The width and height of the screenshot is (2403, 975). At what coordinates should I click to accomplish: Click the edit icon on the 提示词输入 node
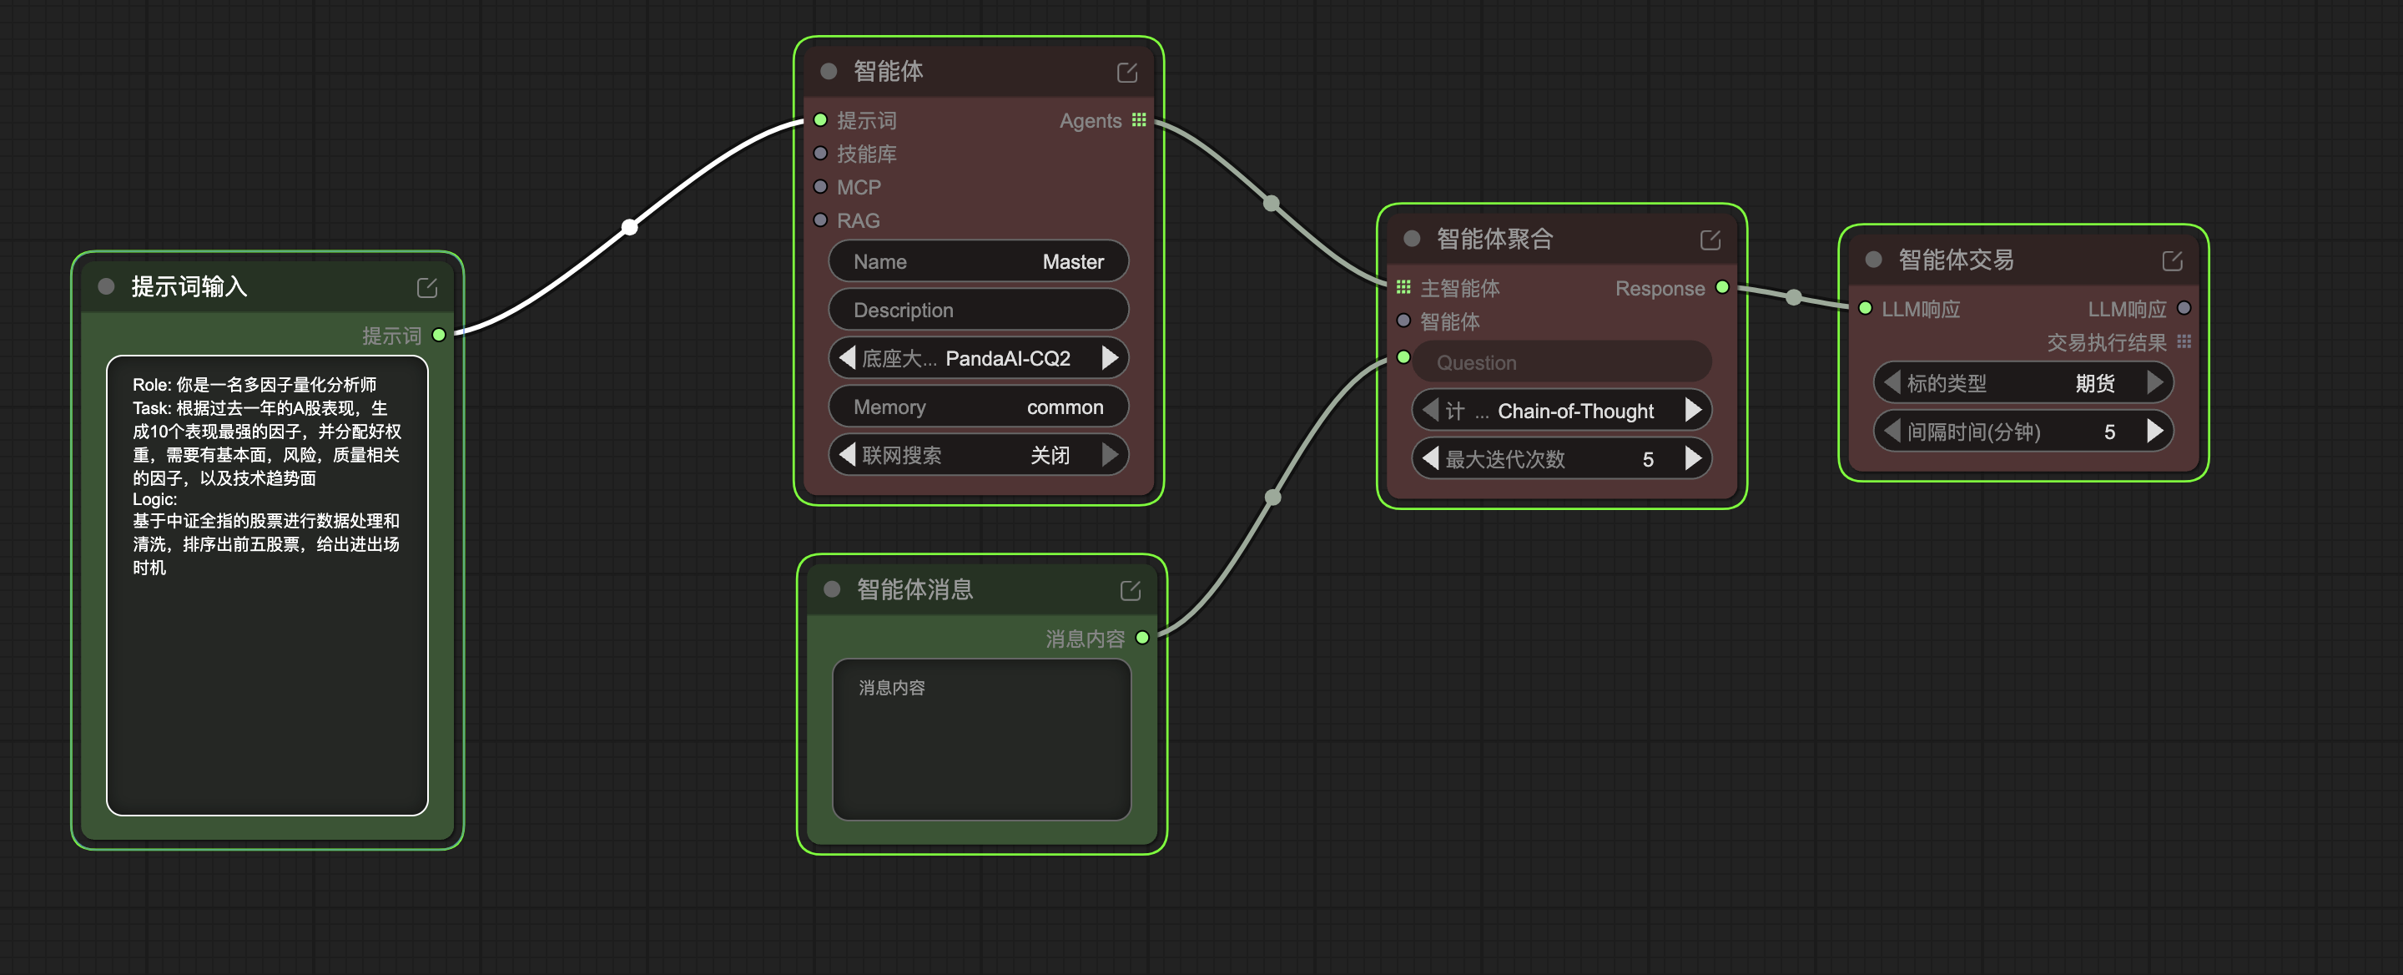point(427,287)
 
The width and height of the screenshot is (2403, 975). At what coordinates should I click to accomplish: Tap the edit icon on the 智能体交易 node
point(2173,260)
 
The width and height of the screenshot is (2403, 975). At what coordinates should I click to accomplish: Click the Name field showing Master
point(979,261)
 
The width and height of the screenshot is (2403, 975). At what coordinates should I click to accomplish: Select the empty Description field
point(979,310)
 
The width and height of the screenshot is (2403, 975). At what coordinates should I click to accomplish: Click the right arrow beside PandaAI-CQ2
point(1109,358)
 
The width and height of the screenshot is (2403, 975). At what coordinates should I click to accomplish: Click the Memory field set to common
point(979,407)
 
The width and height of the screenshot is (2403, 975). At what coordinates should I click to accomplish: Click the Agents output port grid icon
point(1139,119)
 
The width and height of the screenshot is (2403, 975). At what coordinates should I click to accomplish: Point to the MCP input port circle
point(820,187)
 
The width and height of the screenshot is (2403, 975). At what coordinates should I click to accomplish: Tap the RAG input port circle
point(820,220)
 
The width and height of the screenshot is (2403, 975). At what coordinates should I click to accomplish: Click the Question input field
point(1563,362)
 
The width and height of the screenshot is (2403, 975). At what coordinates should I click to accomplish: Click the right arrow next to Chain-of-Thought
point(1693,411)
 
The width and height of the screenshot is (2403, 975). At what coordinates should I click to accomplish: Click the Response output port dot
point(1722,287)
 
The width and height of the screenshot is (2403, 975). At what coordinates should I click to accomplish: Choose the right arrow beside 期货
point(2155,382)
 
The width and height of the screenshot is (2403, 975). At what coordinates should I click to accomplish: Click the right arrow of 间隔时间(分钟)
point(2155,431)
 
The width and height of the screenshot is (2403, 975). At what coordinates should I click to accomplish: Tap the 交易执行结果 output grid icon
point(2184,341)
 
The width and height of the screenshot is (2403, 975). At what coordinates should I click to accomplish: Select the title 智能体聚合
point(1494,239)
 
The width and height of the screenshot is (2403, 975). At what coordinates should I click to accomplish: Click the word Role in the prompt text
point(149,384)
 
